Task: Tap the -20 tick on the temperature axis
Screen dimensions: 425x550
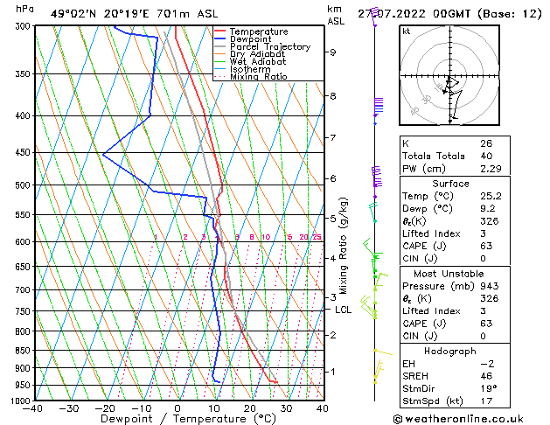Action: click(x=105, y=408)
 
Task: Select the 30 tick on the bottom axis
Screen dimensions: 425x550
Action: click(x=286, y=408)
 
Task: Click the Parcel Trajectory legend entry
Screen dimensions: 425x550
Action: click(x=269, y=46)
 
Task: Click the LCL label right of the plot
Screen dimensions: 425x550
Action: click(x=344, y=310)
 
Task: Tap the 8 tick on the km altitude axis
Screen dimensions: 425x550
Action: click(x=333, y=95)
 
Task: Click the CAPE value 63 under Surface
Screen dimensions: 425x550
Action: click(x=488, y=246)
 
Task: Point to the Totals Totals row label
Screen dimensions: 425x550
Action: click(x=430, y=156)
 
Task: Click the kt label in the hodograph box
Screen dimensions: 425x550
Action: click(x=407, y=31)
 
